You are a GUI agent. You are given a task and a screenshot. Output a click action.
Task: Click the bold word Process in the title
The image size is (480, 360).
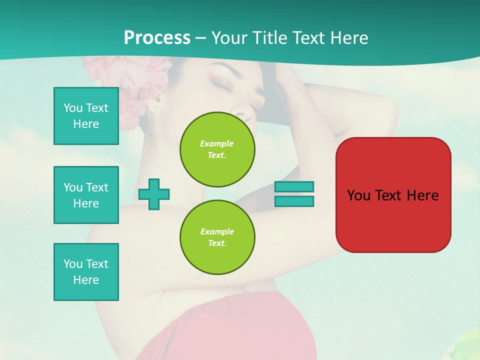(157, 38)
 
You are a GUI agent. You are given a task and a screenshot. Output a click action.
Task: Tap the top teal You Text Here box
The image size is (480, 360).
(86, 116)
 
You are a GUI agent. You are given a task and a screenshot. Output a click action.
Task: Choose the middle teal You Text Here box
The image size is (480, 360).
(86, 195)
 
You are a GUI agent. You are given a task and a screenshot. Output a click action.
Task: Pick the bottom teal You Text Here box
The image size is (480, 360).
(86, 272)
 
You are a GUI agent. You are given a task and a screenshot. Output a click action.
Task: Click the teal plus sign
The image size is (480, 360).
(154, 194)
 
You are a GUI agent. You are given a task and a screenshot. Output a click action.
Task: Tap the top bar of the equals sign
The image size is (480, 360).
(294, 187)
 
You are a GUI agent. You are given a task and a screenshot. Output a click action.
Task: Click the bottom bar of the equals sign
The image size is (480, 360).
(294, 201)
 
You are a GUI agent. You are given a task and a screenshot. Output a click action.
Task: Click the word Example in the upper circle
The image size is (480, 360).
(216, 143)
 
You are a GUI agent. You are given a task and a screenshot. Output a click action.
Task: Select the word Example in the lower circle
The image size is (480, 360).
(217, 231)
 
